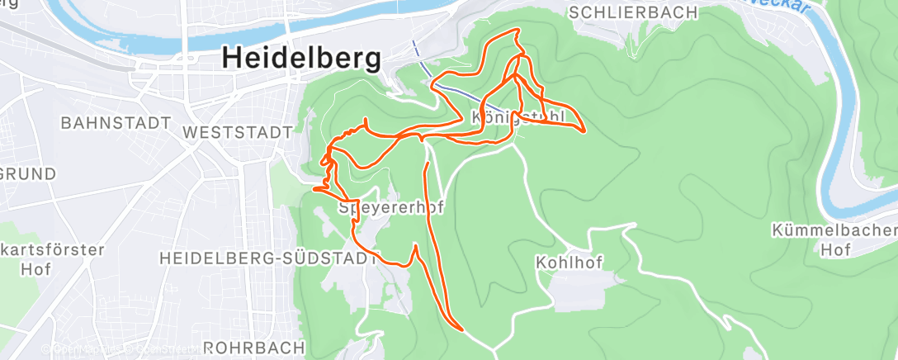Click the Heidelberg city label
pos(302,59)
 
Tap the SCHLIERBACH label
pos(634,12)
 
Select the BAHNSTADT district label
pos(116,123)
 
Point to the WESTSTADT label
pos(239,132)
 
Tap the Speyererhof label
pos(391,208)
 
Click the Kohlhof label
pos(569,263)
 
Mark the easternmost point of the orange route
pos(585,130)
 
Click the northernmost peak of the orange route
pos(517,31)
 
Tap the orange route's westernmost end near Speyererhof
pos(314,189)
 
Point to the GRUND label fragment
pos(27,174)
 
